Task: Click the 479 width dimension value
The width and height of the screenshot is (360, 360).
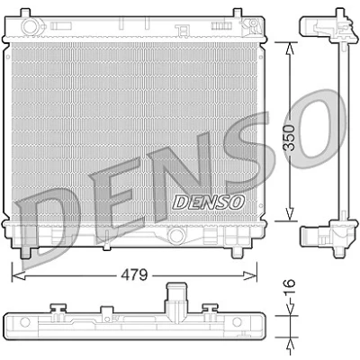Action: coord(134,274)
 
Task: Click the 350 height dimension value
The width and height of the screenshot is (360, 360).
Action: coord(290,138)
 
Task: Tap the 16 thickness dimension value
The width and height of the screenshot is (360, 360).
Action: coord(290,287)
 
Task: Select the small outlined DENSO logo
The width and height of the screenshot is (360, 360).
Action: coord(209,202)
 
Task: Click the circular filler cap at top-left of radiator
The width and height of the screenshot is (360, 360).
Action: coord(30,26)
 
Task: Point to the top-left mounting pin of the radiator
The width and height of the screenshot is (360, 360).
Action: coord(25,13)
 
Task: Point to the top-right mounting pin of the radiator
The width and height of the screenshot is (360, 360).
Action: coord(237,13)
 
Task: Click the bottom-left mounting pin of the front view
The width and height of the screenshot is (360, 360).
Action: coord(25,253)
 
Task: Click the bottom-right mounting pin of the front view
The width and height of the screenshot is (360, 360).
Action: coord(237,253)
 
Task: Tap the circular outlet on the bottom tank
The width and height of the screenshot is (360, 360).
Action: coord(175,236)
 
